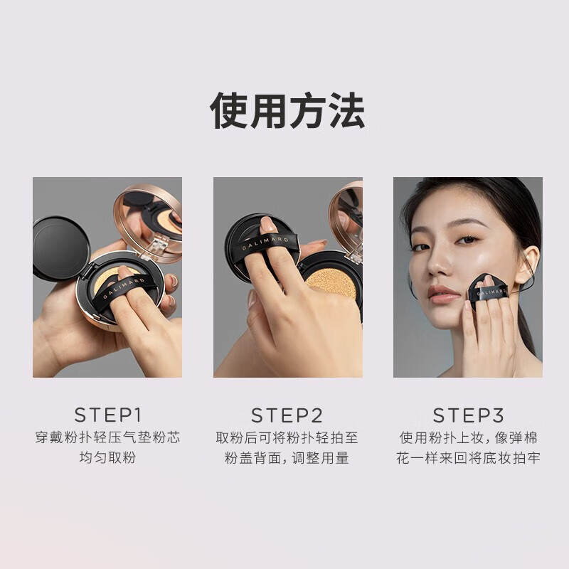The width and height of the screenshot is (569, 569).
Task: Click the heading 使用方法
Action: tap(287, 111)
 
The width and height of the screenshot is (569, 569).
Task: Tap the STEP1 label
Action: tap(107, 415)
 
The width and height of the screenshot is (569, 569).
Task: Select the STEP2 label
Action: tap(287, 415)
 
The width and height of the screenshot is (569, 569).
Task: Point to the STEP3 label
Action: tap(468, 415)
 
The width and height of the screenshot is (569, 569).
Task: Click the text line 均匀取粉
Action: tap(107, 457)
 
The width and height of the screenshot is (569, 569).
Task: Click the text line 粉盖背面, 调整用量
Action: tap(287, 457)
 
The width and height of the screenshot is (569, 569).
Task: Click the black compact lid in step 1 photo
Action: tap(60, 248)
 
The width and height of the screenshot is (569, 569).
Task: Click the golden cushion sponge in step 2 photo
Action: tap(331, 282)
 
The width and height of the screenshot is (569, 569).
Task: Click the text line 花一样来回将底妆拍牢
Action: tap(468, 457)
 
